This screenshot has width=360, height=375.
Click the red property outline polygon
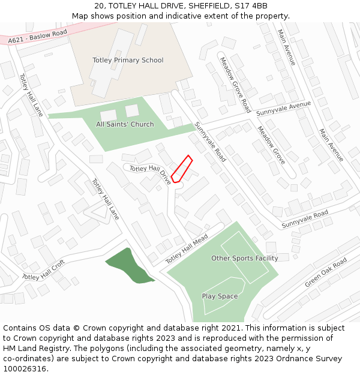click(x=181, y=169)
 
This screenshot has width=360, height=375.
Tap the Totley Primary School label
click(x=128, y=60)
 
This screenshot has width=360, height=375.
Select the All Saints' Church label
click(x=125, y=124)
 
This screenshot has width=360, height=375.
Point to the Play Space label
click(x=220, y=296)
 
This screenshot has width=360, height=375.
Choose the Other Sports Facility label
click(x=244, y=258)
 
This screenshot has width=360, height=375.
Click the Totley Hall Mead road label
click(x=186, y=248)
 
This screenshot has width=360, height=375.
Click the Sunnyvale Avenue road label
click(x=283, y=109)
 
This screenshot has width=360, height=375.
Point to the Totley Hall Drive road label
click(x=150, y=172)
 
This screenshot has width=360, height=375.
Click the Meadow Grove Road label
click(x=235, y=85)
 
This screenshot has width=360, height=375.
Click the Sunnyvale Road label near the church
click(x=210, y=142)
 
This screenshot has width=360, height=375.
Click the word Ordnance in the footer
click(x=284, y=358)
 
